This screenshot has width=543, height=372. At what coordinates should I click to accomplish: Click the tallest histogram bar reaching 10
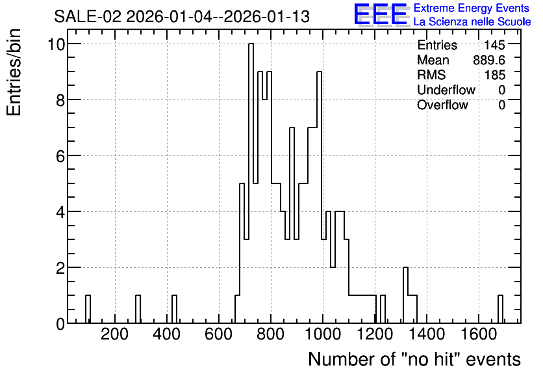point(251,183)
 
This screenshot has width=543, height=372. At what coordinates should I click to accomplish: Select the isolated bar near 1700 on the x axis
point(500,310)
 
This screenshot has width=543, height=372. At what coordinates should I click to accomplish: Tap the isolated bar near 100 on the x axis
point(88,310)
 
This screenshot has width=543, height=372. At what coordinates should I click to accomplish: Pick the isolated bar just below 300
point(138,310)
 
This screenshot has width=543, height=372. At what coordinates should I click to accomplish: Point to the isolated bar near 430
point(174,310)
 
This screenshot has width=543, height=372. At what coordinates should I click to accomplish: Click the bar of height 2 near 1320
point(405,295)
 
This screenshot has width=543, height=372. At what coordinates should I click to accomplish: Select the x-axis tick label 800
point(270,334)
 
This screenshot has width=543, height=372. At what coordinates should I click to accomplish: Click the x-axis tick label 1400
point(427,334)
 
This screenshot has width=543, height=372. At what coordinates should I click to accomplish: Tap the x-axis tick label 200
point(114,334)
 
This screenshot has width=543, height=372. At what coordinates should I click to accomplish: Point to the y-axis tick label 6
point(60,156)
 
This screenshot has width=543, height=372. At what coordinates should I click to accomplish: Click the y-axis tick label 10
point(56,44)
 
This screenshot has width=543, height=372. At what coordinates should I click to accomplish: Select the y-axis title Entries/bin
point(14,72)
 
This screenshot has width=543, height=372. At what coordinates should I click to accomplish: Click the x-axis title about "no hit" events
point(414,359)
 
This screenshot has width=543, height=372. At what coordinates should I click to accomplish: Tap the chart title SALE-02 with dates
point(182,16)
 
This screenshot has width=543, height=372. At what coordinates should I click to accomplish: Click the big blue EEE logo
point(381,14)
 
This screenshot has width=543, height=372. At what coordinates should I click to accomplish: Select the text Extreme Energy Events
point(472,8)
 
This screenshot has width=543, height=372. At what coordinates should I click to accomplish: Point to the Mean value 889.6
point(489,60)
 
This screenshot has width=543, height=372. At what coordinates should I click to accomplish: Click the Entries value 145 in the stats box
point(494,45)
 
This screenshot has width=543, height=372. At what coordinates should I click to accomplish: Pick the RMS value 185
point(494,75)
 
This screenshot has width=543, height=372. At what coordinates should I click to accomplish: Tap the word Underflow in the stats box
point(446,90)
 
